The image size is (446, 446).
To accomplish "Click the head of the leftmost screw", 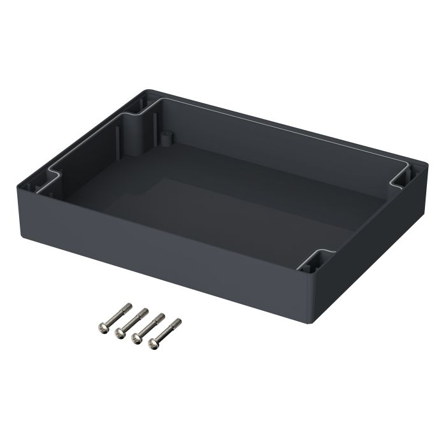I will pos(104,327).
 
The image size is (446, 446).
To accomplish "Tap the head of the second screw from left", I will pos(120,333).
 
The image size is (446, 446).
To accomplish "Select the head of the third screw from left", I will pos(137,338).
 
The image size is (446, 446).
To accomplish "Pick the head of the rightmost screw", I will pos(154,344).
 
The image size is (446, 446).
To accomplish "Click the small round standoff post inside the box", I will pos(166,136).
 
